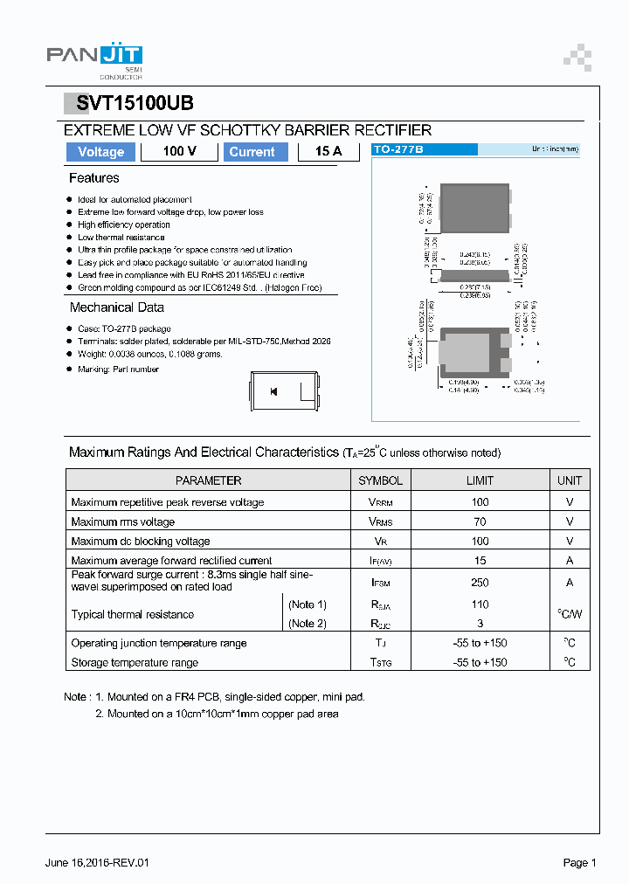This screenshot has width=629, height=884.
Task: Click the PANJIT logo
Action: coord(93,58)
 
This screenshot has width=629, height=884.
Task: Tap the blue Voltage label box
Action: coord(100,152)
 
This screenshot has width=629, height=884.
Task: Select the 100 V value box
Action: coord(179,152)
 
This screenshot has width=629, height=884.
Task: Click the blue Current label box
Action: coord(252,152)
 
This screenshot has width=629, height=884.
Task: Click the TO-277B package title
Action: coord(398,150)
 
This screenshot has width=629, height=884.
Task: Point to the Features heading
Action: coord(93,178)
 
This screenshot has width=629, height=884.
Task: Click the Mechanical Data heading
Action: coord(116,307)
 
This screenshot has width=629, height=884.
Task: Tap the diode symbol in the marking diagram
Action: coord(273,391)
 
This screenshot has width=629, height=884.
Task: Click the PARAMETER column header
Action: coord(208,480)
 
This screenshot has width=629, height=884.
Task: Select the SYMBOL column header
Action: coord(380,480)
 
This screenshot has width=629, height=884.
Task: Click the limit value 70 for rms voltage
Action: coord(480,521)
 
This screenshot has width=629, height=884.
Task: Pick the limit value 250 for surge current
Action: coord(480,582)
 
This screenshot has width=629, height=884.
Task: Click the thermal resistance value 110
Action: coord(480,604)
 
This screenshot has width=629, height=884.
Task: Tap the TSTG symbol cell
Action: coord(381,663)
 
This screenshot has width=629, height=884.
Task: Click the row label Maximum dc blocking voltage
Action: coord(141,542)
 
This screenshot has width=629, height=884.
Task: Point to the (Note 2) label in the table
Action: coord(308,624)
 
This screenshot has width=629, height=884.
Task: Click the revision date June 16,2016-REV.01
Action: coord(97,863)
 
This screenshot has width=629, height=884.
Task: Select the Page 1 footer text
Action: coord(579,863)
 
